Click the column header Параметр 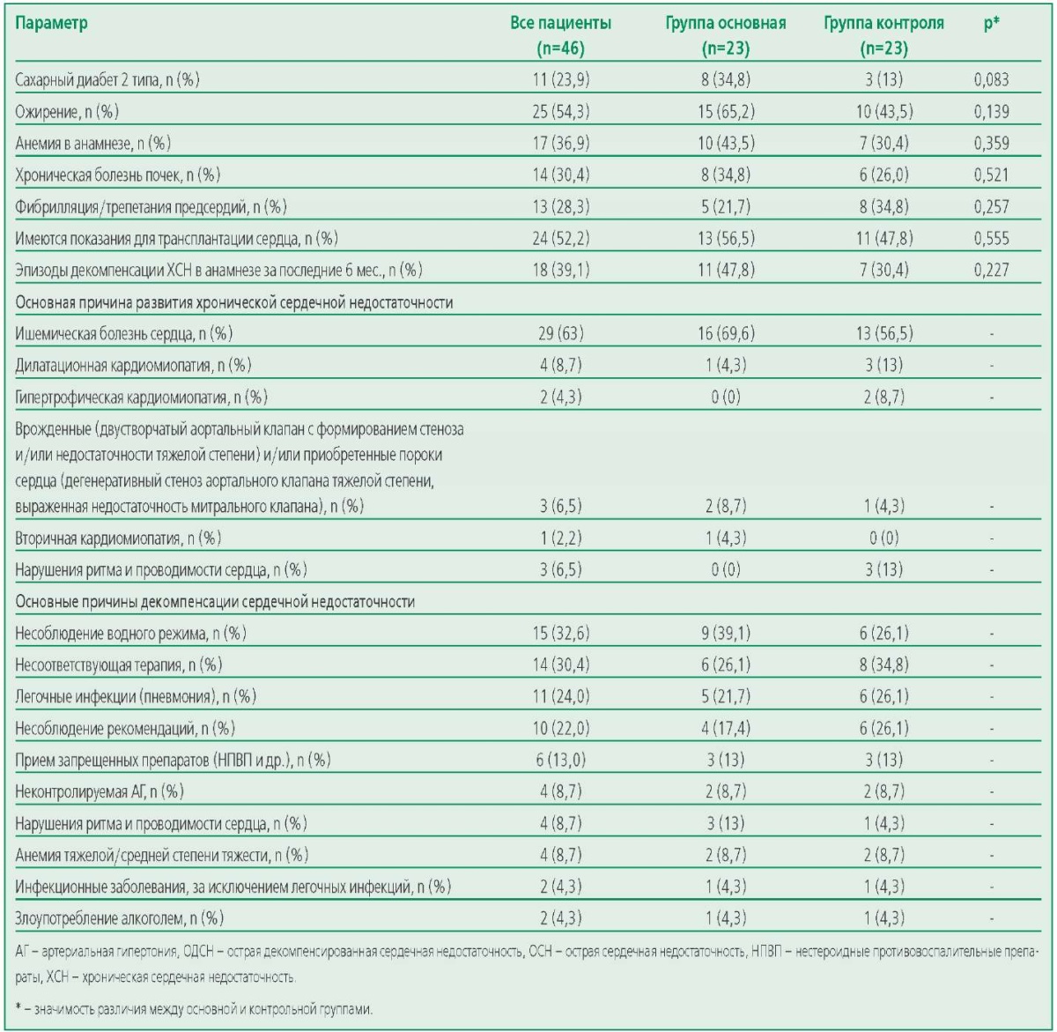[x=51, y=24]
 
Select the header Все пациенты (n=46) [x=560, y=36]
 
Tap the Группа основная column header [x=726, y=36]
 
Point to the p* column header [x=991, y=23]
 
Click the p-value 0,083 [x=991, y=80]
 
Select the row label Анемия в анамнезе [x=92, y=144]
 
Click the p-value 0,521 [x=991, y=175]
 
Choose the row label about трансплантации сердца [x=176, y=239]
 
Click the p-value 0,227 [x=991, y=270]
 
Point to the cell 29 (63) [x=561, y=333]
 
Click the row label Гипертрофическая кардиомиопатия [x=141, y=397]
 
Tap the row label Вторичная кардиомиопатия [x=118, y=538]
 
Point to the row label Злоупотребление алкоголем [x=120, y=918]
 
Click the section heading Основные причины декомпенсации [x=215, y=602]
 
